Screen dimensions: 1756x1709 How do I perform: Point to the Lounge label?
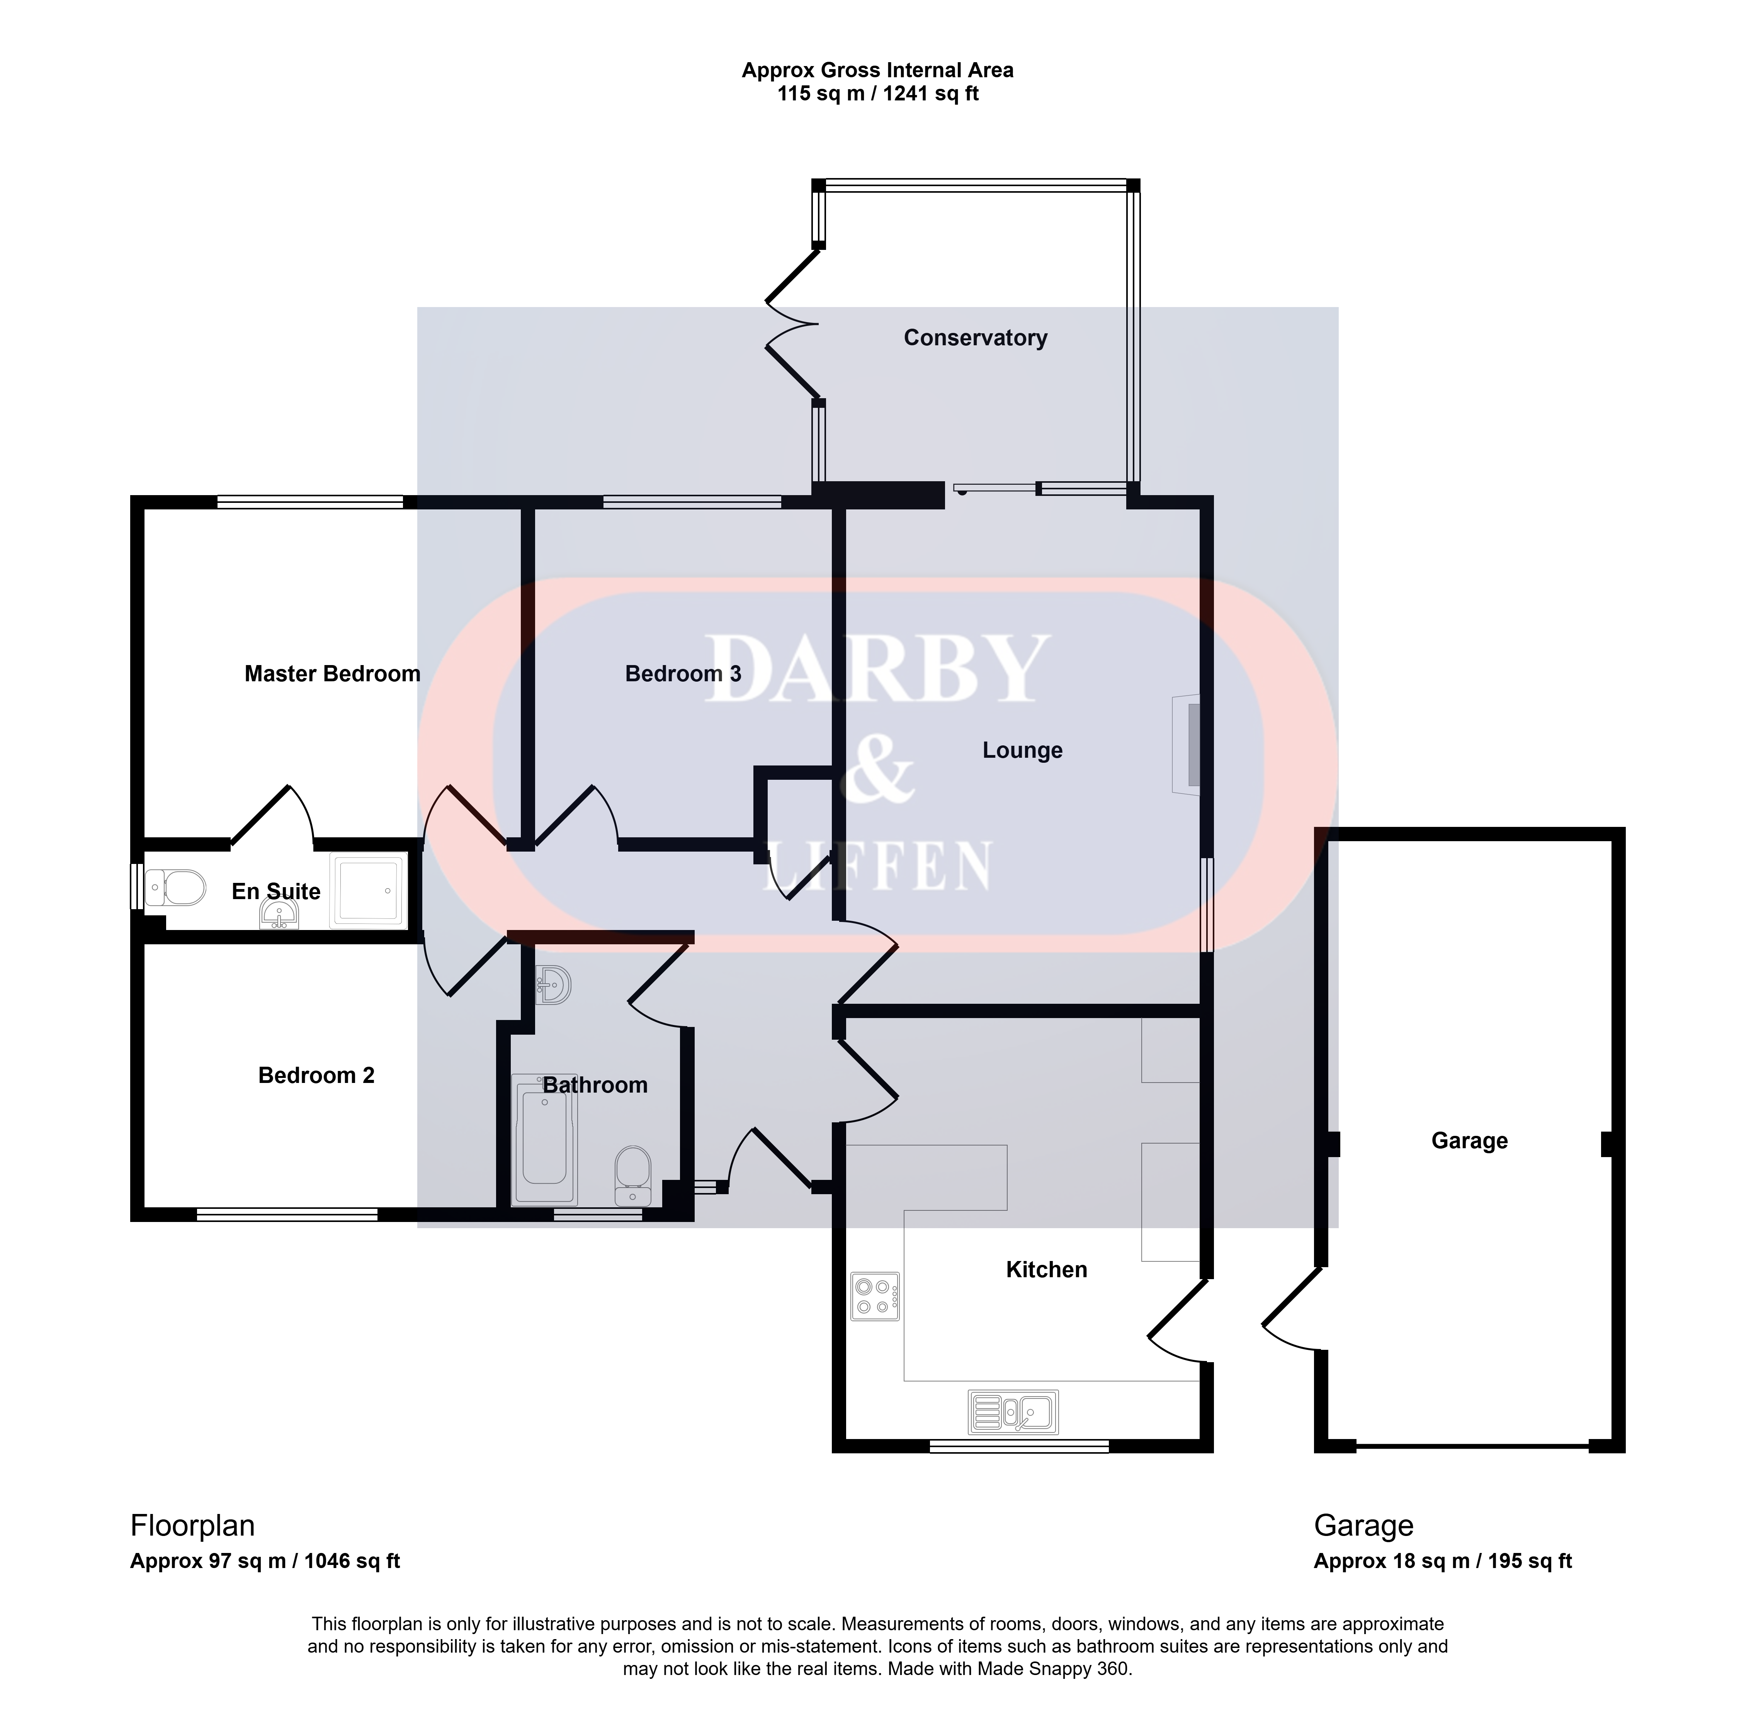[1023, 750]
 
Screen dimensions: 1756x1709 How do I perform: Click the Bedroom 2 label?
[316, 1075]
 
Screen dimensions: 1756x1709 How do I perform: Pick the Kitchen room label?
[1047, 1269]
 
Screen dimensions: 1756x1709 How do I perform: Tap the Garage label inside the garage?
[1470, 1141]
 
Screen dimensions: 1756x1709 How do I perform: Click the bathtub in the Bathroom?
[544, 1138]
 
